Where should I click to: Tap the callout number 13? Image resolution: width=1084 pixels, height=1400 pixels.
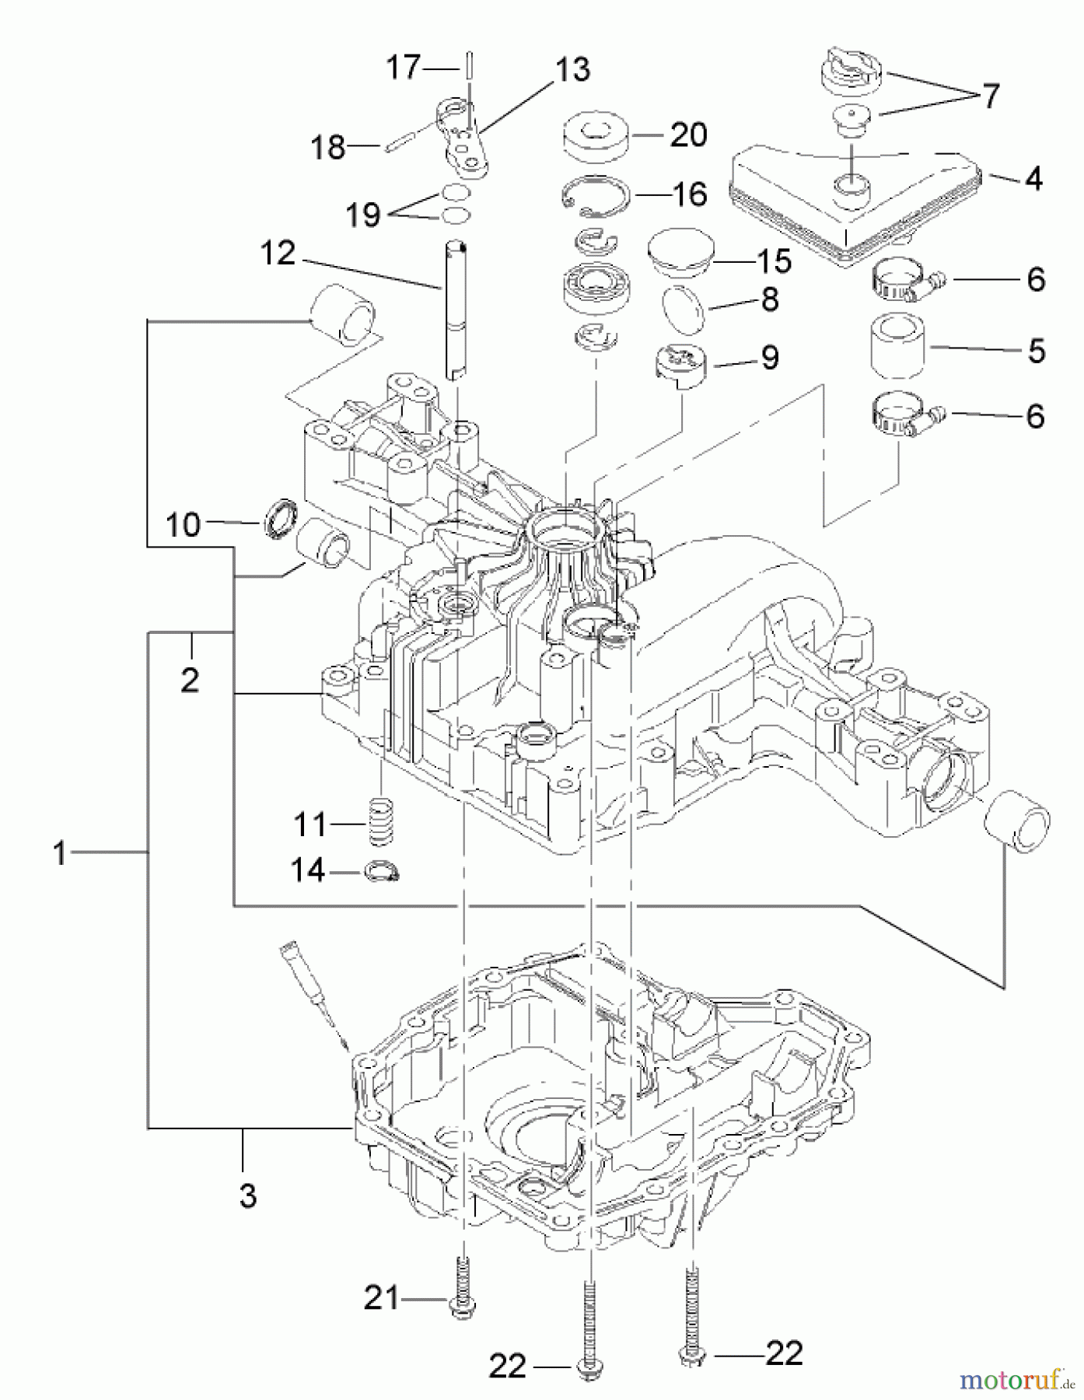[x=572, y=69]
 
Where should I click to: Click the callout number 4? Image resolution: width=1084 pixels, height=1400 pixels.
[x=1033, y=179]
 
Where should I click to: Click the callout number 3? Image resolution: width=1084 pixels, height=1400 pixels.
[x=247, y=1195]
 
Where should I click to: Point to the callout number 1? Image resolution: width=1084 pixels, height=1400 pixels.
[x=60, y=852]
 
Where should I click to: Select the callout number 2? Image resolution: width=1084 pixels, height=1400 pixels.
[x=190, y=680]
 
